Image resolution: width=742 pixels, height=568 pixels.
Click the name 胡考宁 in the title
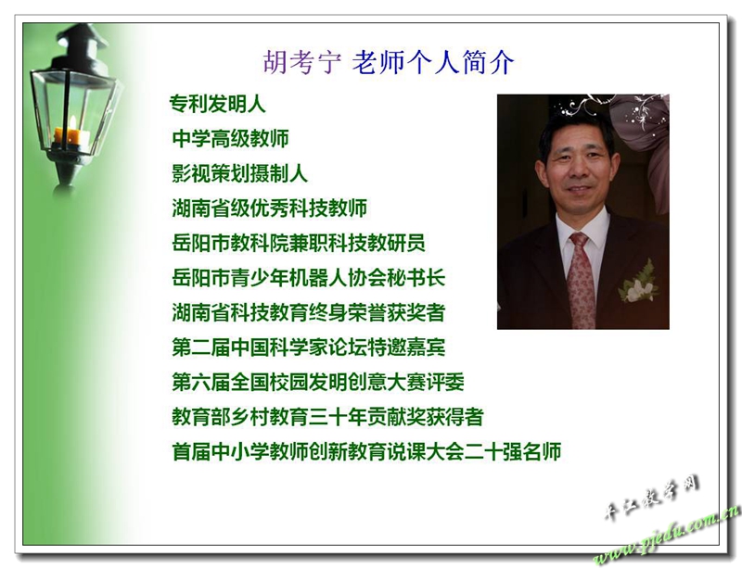(x=302, y=62)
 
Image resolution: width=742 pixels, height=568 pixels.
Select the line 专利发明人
(x=218, y=104)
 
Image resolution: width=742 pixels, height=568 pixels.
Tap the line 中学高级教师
(x=230, y=139)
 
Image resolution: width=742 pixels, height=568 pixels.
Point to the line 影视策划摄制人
(x=240, y=173)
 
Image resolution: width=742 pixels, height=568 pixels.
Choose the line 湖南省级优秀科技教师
(x=270, y=208)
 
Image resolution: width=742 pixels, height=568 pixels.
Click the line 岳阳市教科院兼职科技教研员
(x=299, y=243)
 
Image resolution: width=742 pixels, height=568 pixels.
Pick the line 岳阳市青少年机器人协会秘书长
(x=309, y=278)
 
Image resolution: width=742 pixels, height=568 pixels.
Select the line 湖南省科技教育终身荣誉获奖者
(x=309, y=312)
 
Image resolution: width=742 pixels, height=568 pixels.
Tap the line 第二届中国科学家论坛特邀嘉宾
(x=309, y=347)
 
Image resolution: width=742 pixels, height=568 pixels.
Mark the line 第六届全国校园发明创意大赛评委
(x=318, y=382)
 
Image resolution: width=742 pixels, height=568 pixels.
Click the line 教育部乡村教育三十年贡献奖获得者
(x=328, y=417)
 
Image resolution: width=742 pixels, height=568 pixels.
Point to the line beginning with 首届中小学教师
(x=366, y=451)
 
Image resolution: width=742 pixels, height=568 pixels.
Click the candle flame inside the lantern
(x=72, y=124)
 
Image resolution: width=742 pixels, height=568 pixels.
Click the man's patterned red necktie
(x=581, y=281)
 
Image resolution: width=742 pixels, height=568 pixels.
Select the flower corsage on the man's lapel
(x=638, y=283)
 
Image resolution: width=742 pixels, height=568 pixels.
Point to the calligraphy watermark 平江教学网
(x=652, y=497)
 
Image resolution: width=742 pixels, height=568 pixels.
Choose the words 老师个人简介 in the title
(x=432, y=62)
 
